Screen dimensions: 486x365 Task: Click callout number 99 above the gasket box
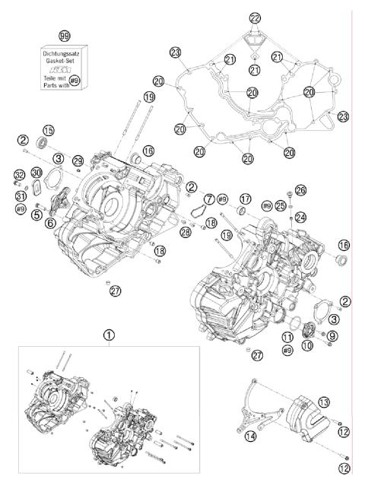65,35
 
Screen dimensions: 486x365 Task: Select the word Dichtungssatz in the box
64,52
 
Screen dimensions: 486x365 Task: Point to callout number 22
254,17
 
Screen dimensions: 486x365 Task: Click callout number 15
49,129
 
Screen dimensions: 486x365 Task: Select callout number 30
36,173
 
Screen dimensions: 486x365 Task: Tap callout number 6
49,223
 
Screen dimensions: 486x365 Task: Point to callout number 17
245,199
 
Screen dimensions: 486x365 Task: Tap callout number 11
287,336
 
